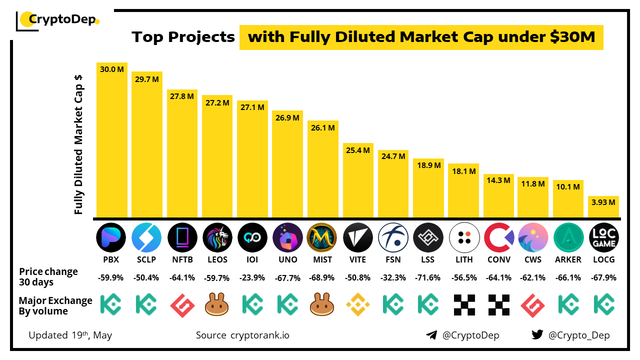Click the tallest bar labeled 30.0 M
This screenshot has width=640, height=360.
112,140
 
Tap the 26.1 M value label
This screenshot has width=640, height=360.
322,127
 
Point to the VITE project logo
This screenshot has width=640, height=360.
358,237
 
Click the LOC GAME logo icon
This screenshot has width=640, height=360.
603,237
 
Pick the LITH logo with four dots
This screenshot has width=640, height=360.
464,237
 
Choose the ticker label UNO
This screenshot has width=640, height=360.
287,259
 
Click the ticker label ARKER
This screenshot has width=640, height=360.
568,259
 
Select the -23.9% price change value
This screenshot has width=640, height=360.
252,277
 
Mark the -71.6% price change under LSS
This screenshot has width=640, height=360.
428,277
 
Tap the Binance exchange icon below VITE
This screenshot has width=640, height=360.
358,304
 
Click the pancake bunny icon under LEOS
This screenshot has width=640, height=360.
217,304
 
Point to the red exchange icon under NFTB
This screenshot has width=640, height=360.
182,304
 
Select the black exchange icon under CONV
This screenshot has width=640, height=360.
498,304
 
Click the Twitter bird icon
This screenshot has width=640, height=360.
537,335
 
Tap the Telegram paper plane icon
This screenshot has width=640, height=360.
431,335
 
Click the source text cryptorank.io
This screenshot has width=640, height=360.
259,335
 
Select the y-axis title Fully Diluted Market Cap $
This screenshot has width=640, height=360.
78,144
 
